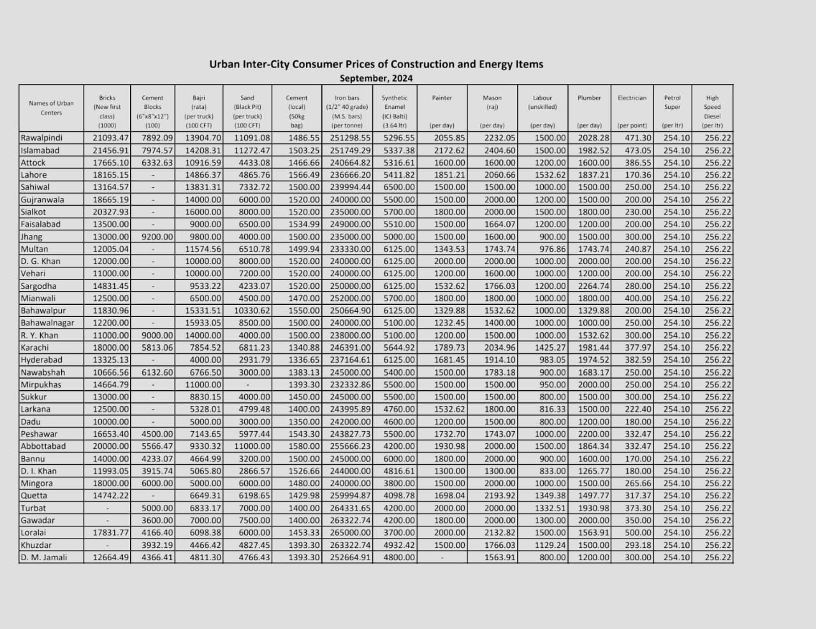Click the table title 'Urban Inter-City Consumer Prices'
click(x=376, y=64)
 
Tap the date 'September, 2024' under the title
click(x=376, y=78)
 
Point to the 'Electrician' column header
click(x=632, y=98)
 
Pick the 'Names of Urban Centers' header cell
click(x=51, y=108)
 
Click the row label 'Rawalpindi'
click(x=41, y=138)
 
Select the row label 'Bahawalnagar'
click(x=47, y=323)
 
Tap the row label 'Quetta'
click(x=34, y=495)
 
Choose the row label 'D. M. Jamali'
click(x=43, y=557)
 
